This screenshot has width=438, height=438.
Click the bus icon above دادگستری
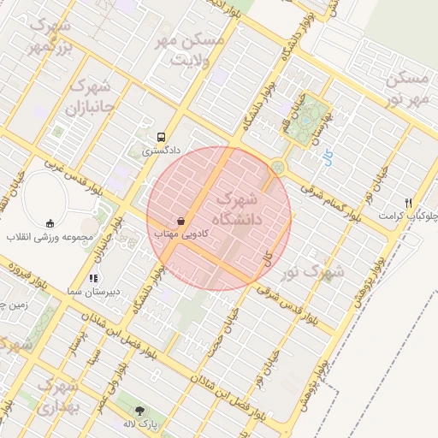[161, 137]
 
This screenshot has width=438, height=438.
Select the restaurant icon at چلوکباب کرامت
[409, 203]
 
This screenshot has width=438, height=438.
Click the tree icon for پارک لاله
[140, 411]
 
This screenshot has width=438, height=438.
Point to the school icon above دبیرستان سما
[94, 278]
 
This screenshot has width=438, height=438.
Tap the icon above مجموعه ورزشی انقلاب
[50, 222]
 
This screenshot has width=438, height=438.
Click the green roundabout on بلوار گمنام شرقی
[277, 166]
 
